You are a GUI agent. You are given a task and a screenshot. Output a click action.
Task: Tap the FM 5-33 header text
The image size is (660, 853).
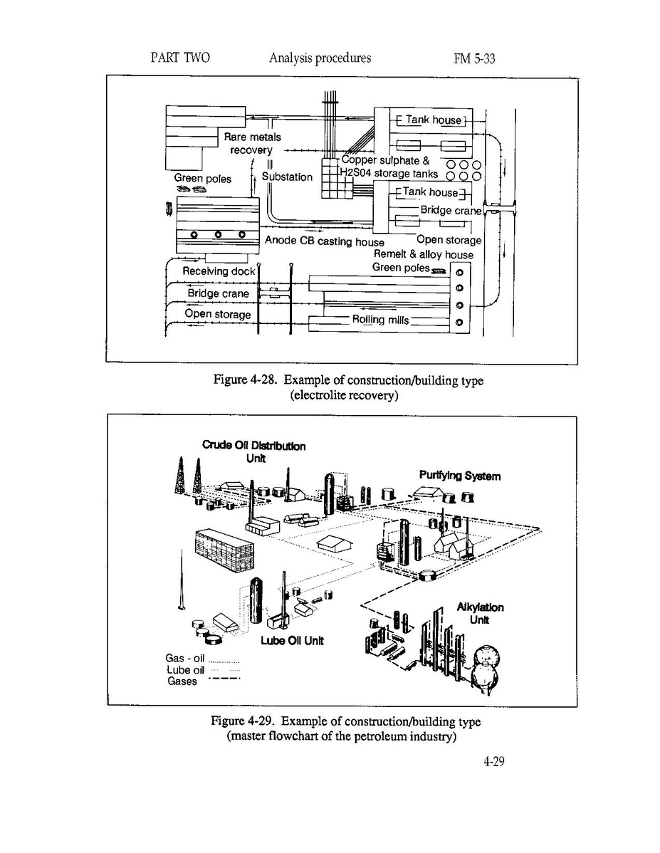473,59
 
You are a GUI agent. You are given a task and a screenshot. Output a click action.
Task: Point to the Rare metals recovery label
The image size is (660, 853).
253,143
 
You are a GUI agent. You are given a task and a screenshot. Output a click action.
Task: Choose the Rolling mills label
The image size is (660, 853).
380,320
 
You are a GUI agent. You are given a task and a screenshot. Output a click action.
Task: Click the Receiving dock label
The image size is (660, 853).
219,271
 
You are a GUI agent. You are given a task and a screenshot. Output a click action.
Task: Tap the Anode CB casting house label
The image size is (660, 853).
324,241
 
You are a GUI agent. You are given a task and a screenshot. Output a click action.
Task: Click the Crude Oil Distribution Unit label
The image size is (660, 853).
254,451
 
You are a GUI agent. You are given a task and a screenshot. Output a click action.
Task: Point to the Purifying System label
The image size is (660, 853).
459,476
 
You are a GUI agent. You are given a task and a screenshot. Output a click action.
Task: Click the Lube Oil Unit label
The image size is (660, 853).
292,640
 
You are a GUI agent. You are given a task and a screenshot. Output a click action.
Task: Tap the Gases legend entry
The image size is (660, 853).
182,681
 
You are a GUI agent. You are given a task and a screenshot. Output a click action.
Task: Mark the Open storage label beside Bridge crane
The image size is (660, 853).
218,314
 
